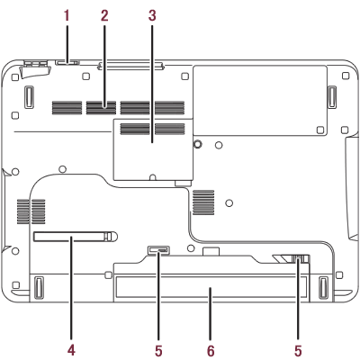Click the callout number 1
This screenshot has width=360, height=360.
click(x=67, y=15)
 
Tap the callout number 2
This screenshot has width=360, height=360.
click(x=104, y=15)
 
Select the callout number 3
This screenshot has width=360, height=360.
click(x=152, y=15)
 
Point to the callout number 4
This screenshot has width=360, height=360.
click(x=71, y=350)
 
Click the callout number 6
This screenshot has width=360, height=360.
click(x=211, y=350)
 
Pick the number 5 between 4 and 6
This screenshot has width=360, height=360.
click(x=158, y=350)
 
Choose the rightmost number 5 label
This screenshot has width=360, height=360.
click(x=298, y=350)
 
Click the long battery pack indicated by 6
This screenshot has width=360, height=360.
click(x=211, y=289)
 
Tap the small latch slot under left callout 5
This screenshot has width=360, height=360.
click(x=158, y=249)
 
